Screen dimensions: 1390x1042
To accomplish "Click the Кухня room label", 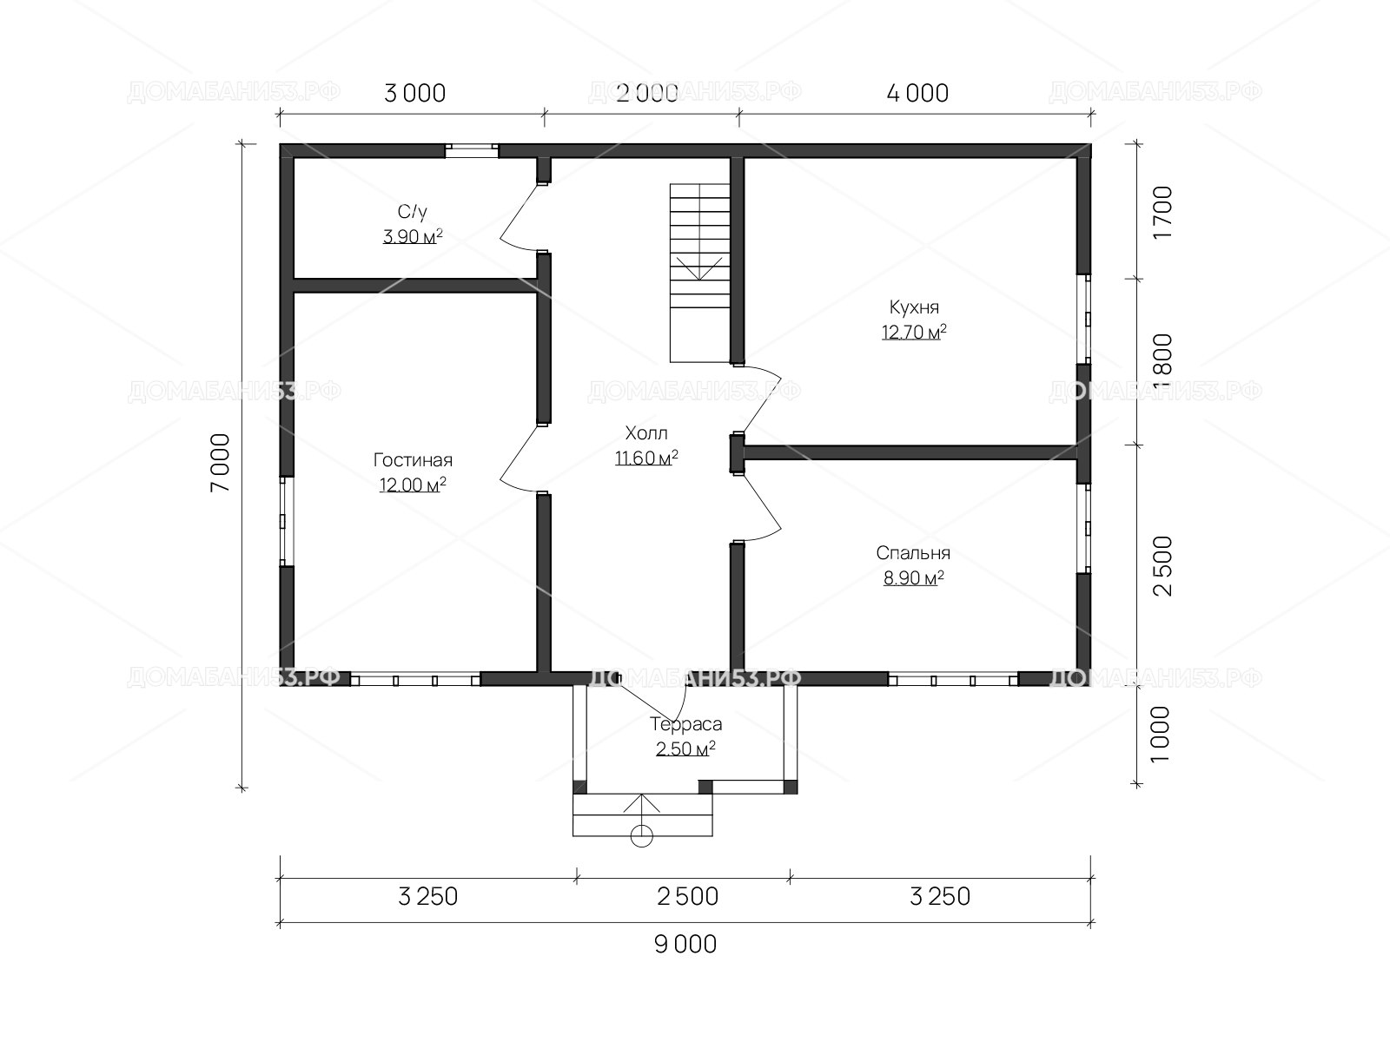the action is (x=914, y=307).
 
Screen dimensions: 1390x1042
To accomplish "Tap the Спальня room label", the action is (x=913, y=553).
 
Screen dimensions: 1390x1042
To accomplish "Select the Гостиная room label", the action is (x=413, y=460).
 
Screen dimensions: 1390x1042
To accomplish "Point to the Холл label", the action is (x=646, y=433).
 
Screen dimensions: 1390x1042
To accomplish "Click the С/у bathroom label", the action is (x=413, y=211).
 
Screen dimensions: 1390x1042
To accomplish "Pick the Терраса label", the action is (x=685, y=724).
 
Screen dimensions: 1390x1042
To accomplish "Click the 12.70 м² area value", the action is (x=915, y=332).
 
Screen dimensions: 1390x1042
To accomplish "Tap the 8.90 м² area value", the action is (x=914, y=577).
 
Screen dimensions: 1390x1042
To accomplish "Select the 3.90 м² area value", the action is (x=413, y=236).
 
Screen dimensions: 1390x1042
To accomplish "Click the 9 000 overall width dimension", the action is (x=685, y=945).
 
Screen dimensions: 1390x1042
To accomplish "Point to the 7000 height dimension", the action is (x=221, y=463).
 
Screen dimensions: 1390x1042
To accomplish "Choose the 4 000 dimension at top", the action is (x=917, y=94).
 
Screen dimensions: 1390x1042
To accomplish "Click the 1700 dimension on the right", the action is (x=1163, y=212).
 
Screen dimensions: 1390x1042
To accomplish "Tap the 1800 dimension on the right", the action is (x=1163, y=361).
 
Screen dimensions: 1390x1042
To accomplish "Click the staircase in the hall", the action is (x=700, y=273).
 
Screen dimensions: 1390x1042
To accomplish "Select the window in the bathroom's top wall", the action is (x=472, y=150).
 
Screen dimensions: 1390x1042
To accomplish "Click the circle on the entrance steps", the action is (x=641, y=836).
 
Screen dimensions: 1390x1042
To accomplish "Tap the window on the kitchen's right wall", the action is (x=1084, y=319).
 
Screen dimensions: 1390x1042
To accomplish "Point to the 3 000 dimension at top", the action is (x=414, y=94).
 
